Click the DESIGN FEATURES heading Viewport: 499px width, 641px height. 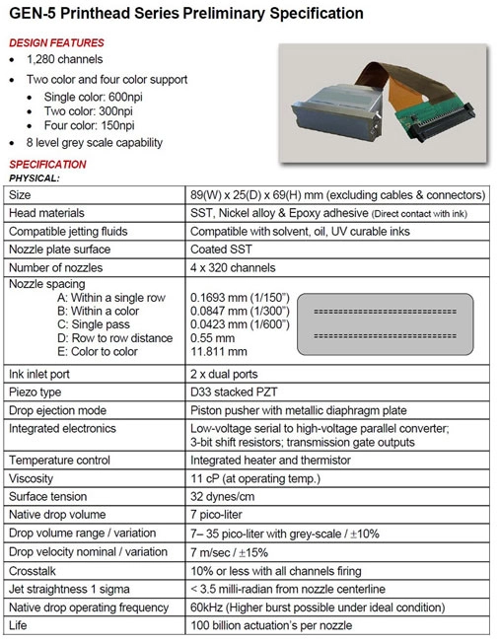tap(56, 43)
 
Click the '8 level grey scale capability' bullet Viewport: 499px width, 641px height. tap(106, 143)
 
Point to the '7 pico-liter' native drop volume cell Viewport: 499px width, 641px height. tap(219, 515)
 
